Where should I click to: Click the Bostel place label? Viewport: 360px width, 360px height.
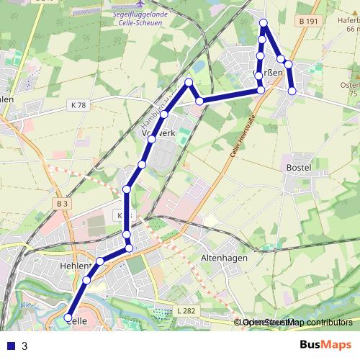click(298, 168)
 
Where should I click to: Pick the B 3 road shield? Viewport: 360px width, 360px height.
click(61, 204)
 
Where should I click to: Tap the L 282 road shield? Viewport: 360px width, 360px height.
click(186, 310)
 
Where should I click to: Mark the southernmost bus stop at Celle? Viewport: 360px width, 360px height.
click(69, 318)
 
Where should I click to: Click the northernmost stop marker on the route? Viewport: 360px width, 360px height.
click(264, 22)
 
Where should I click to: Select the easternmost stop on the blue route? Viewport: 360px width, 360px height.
click(292, 91)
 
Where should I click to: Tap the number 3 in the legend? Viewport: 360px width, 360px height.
click(24, 346)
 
